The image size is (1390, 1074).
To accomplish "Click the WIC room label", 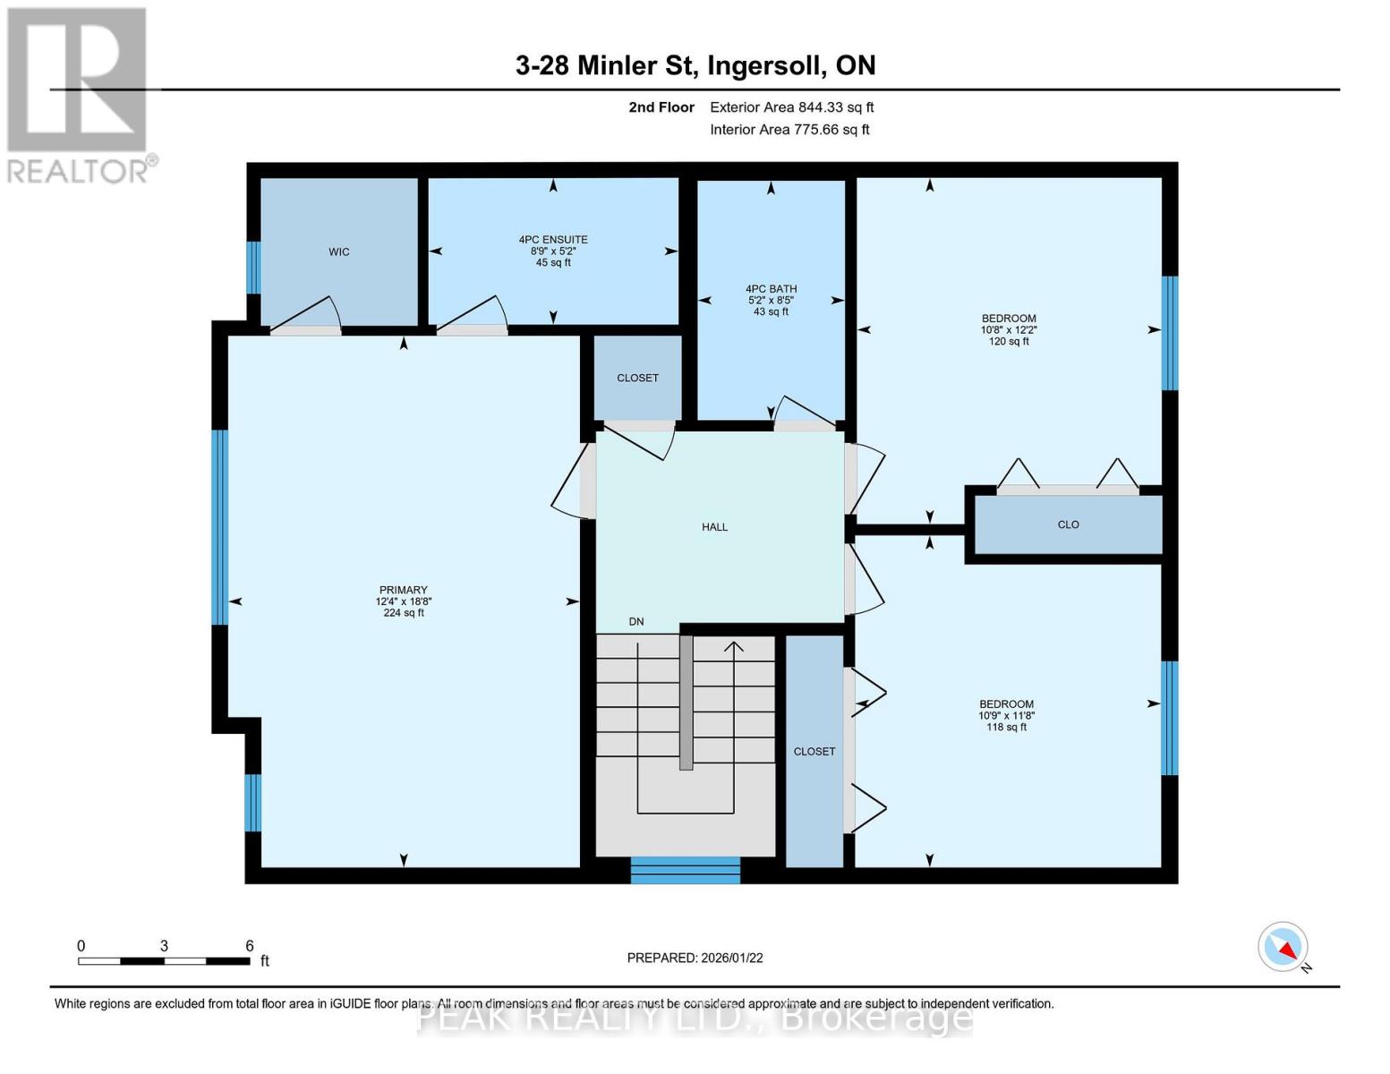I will click(338, 252).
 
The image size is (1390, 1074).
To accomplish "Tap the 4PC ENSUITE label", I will click(553, 240).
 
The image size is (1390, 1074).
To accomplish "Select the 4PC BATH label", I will click(771, 289).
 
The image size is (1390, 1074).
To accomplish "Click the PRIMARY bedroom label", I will click(403, 591).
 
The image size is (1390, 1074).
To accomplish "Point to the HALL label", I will click(714, 527).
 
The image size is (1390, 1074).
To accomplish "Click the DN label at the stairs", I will click(636, 622).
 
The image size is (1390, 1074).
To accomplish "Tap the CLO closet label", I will click(1068, 524).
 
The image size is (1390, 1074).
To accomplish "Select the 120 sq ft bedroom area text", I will click(1009, 342).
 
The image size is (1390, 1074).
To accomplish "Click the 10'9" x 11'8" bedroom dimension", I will click(1007, 716).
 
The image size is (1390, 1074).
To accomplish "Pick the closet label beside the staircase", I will click(814, 752).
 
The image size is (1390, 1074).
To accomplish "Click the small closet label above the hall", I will click(637, 379).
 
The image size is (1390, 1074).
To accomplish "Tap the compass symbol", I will click(1283, 947).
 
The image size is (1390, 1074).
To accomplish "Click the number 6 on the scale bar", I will click(250, 946).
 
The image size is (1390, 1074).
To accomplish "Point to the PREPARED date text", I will click(695, 958).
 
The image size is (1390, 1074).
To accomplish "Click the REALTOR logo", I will click(78, 94).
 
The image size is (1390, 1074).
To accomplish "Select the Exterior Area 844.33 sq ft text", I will click(791, 107).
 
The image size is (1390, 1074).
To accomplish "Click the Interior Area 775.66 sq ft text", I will click(789, 130).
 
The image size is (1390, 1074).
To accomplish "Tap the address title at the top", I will click(695, 65).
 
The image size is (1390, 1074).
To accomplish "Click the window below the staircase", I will click(686, 870).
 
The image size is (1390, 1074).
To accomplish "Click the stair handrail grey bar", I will click(686, 703).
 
